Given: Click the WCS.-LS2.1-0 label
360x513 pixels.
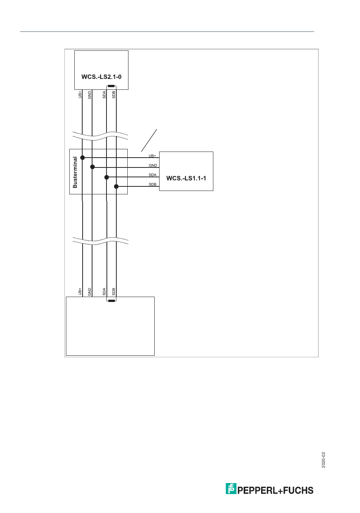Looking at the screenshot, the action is pos(101,77).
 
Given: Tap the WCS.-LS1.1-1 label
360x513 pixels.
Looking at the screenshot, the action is pos(186,178).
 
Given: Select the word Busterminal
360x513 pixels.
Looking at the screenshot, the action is pos(75,172).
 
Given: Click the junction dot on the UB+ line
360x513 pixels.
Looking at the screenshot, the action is pos(83,157).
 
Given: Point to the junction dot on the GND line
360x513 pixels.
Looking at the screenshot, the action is pos(92,167).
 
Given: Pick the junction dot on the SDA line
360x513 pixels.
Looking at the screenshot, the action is pos(106,177).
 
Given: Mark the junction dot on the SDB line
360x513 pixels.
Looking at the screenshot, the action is pos(116,186).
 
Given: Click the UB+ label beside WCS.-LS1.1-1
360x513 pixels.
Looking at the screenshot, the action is pos(152,156).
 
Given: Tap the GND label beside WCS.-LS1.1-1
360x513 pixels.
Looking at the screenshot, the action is pos(153,166).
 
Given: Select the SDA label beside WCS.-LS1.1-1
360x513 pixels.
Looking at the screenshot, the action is pos(152,175).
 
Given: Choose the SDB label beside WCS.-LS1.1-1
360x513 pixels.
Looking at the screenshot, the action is pos(152,185).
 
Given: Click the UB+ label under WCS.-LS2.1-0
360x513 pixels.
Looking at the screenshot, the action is pos(80,94).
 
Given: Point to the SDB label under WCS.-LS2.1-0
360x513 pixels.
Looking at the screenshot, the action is pos(114,94).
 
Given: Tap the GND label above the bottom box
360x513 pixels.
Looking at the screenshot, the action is pos(90,291).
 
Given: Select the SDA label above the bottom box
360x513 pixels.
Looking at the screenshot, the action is pos(104,291).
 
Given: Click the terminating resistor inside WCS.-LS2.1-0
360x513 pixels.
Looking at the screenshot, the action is pos(111,86).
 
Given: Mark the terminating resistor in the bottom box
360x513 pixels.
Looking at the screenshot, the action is pos(111,301).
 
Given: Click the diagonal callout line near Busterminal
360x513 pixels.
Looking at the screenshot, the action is pos(149,140).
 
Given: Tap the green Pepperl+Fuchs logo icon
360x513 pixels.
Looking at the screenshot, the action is pos(231,489).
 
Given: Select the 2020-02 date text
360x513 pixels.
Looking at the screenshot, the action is pos(323,460).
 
